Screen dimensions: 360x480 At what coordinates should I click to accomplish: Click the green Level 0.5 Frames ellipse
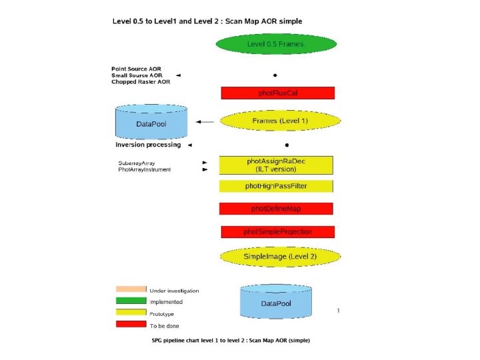click(x=275, y=45)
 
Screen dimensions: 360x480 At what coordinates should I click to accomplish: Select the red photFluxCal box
click(x=277, y=93)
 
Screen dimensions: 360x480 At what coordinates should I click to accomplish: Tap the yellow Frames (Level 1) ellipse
click(x=280, y=121)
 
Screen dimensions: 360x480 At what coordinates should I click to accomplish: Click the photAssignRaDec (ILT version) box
click(x=276, y=165)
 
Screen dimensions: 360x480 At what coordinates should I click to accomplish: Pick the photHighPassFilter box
click(x=276, y=186)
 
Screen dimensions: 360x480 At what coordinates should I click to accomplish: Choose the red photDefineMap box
click(x=276, y=209)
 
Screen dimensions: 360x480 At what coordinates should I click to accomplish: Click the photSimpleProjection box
click(x=277, y=231)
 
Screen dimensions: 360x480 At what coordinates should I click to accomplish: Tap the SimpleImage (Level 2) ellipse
click(x=280, y=256)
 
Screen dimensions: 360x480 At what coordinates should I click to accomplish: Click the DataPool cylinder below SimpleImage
click(x=275, y=302)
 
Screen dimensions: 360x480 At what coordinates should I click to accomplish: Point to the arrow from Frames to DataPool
click(x=205, y=122)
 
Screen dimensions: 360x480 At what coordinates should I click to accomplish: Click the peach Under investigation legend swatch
click(x=131, y=289)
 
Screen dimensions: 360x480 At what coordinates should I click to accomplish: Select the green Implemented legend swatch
click(x=131, y=301)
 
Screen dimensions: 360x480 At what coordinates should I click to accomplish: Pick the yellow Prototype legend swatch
click(x=131, y=312)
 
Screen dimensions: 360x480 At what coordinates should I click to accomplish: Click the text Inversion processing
click(x=148, y=145)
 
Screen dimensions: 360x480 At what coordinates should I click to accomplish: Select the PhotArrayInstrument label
click(x=144, y=170)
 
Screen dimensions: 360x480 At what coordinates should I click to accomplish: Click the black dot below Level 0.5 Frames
click(x=275, y=75)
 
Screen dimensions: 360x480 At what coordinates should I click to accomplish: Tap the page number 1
click(x=339, y=310)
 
